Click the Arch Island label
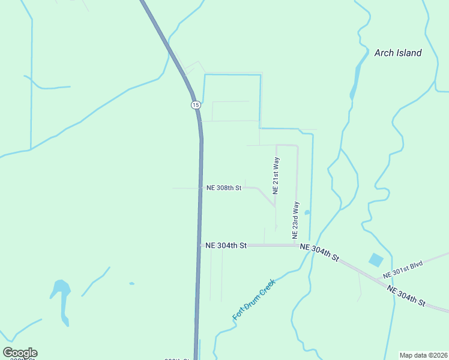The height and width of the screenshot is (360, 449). click(x=397, y=53)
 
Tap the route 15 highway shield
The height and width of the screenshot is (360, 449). click(x=196, y=105)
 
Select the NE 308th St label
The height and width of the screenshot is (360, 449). click(x=224, y=188)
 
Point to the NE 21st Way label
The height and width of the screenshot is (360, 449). click(x=276, y=176)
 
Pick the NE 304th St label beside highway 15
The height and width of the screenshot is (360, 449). click(x=226, y=245)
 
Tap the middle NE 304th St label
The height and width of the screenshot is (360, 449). click(x=319, y=253)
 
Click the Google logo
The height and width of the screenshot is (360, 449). click(x=20, y=353)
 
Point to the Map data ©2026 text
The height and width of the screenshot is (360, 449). click(x=423, y=355)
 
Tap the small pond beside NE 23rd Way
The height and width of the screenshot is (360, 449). click(x=307, y=212)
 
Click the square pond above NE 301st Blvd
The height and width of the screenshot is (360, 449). click(x=376, y=260)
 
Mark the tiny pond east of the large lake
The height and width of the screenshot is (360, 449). click(x=131, y=283)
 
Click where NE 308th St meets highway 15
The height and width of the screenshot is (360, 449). click(x=200, y=188)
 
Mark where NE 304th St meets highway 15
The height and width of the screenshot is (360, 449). click(x=200, y=245)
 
